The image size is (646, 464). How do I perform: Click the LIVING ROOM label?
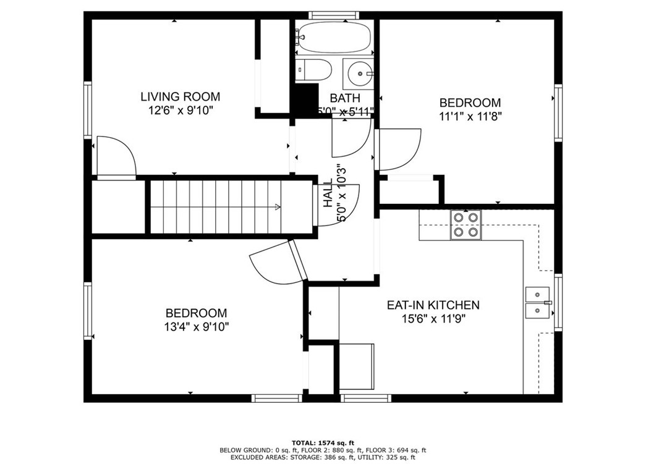pyautogui.click(x=180, y=96)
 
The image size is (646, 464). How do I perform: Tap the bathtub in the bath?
pyautogui.click(x=333, y=38)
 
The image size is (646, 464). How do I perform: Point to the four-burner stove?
pyautogui.click(x=466, y=225)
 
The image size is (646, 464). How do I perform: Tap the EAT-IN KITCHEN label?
pyautogui.click(x=433, y=305)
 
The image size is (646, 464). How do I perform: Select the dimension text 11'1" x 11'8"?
pyautogui.click(x=470, y=117)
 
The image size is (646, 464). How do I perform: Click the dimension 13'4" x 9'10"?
pyautogui.click(x=196, y=327)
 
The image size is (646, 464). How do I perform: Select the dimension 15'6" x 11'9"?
pyautogui.click(x=433, y=319)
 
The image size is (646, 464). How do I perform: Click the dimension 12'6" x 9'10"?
pyautogui.click(x=181, y=111)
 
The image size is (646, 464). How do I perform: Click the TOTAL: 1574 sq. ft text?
pyautogui.click(x=323, y=442)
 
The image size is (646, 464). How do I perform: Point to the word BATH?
pyautogui.click(x=341, y=98)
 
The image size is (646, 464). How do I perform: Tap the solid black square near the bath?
pyautogui.click(x=304, y=99)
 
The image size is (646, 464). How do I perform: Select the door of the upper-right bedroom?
pyautogui.click(x=398, y=148)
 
